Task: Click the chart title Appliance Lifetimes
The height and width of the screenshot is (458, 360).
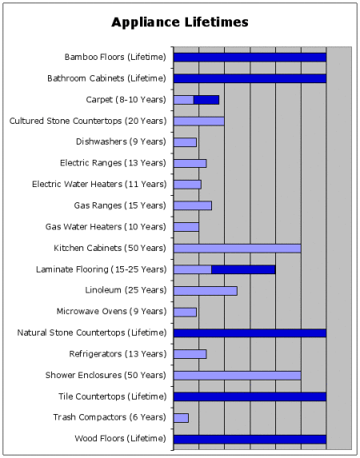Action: pos(180,22)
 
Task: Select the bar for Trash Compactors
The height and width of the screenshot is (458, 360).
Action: pos(181,418)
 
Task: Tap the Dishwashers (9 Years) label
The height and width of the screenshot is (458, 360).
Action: pos(121,141)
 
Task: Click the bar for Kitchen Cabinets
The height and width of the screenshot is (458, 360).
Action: pos(237,249)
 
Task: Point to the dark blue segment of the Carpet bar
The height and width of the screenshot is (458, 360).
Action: pos(206,100)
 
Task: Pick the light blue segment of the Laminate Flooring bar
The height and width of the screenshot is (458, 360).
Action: pos(193,269)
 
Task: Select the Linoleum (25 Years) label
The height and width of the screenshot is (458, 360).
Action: pos(126,290)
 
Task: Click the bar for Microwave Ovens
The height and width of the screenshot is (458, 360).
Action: pos(185,313)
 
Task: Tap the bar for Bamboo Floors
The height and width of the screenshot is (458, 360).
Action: pos(250,58)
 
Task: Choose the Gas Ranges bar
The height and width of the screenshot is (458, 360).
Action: pos(193,205)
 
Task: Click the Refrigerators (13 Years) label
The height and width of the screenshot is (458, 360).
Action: pos(118,354)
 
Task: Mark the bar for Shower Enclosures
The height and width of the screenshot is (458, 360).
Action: pos(237,376)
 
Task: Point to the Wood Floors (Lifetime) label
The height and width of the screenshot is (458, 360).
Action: pos(120,439)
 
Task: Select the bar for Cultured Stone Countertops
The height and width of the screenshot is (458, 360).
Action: pos(199,121)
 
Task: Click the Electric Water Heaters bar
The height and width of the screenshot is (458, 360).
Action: pos(187,185)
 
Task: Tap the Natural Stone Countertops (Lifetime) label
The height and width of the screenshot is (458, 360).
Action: pos(92,333)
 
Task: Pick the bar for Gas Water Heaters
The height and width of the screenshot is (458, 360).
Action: pos(186,227)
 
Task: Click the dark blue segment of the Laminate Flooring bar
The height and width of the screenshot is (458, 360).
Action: pos(243,269)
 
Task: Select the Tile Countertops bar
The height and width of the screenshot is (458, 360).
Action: pos(250,396)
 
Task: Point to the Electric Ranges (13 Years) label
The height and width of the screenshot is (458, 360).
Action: pos(113,163)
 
